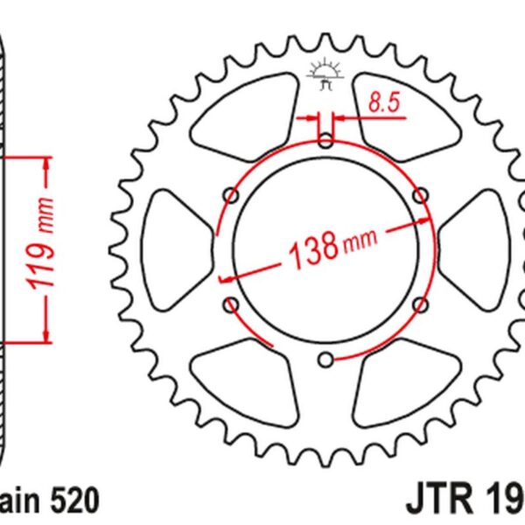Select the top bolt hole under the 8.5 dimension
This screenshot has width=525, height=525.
click(x=325, y=139)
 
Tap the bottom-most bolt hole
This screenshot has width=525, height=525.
click(x=325, y=358)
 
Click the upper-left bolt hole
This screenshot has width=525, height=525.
click(x=231, y=193)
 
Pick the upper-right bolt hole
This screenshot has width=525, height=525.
click(x=421, y=193)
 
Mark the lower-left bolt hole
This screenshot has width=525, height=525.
click(x=231, y=304)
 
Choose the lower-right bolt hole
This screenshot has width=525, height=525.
click(x=421, y=304)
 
